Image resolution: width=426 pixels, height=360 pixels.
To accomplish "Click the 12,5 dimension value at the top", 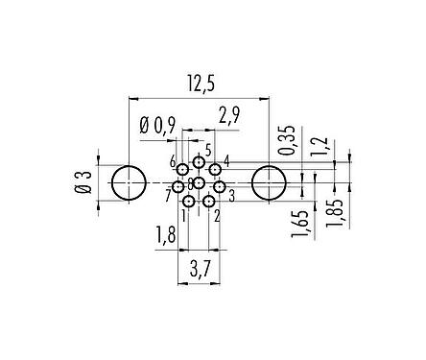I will pyautogui.click(x=199, y=85).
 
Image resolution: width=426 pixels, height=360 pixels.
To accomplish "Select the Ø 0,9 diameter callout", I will pyautogui.click(x=157, y=124).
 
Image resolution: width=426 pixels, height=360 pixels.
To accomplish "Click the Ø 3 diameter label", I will pyautogui.click(x=84, y=181).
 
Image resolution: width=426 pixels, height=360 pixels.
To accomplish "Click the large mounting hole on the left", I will pyautogui.click(x=128, y=182).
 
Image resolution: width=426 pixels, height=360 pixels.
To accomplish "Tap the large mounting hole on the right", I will pyautogui.click(x=268, y=182).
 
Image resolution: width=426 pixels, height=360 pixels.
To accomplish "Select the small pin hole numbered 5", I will pyautogui.click(x=199, y=162).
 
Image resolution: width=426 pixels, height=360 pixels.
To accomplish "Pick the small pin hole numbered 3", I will pyautogui.click(x=218, y=185).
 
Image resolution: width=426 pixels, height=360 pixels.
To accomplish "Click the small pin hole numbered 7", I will pyautogui.click(x=178, y=186).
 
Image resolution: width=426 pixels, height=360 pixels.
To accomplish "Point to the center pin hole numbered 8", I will pyautogui.click(x=200, y=182).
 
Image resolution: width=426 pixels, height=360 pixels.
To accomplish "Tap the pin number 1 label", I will pyautogui.click(x=183, y=215).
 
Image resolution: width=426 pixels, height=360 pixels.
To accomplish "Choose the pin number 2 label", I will pyautogui.click(x=219, y=215).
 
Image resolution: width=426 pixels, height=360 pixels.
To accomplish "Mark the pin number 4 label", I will pyautogui.click(x=225, y=159).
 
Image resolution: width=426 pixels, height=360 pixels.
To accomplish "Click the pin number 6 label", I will pyautogui.click(x=173, y=160).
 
